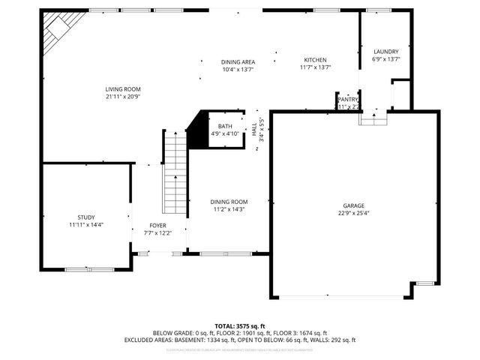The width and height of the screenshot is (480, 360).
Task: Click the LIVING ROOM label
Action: pyautogui.click(x=122, y=89)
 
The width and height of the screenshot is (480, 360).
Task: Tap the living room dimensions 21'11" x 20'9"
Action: pyautogui.click(x=122, y=97)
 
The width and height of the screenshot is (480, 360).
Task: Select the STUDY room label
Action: pyautogui.click(x=86, y=217)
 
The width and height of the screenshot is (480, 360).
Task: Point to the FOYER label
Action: pyautogui.click(x=157, y=225)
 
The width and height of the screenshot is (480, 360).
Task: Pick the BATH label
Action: pyautogui.click(x=225, y=126)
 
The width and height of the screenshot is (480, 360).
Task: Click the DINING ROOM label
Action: pyautogui.click(x=229, y=202)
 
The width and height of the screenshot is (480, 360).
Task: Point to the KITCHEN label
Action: pyautogui.click(x=315, y=60)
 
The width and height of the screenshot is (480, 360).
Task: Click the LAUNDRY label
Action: pyautogui.click(x=386, y=52)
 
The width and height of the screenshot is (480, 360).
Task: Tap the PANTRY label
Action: pyautogui.click(x=348, y=99)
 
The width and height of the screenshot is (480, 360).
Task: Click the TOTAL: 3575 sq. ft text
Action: pyautogui.click(x=239, y=326)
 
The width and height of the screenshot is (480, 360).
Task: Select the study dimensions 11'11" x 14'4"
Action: pyautogui.click(x=86, y=224)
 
